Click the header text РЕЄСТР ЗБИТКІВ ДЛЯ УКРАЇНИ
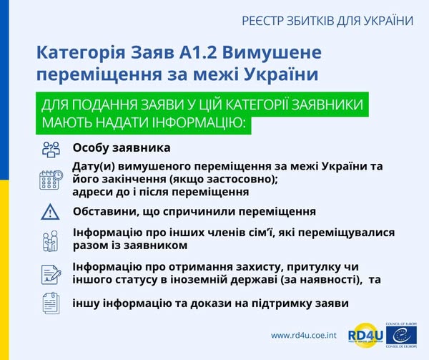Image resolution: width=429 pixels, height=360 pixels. point(328,21)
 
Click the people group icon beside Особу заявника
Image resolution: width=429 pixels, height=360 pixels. point(51,149)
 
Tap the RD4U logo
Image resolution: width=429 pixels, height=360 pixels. point(364,335)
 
